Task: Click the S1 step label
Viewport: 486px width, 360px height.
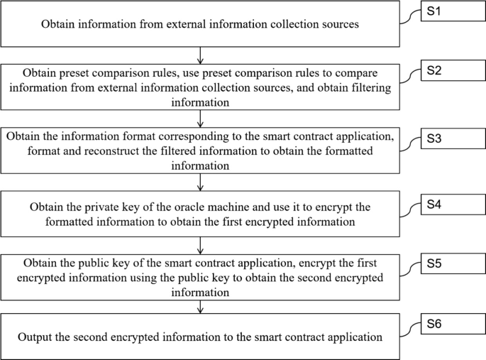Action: (x=433, y=13)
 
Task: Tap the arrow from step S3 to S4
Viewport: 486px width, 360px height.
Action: (x=201, y=183)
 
